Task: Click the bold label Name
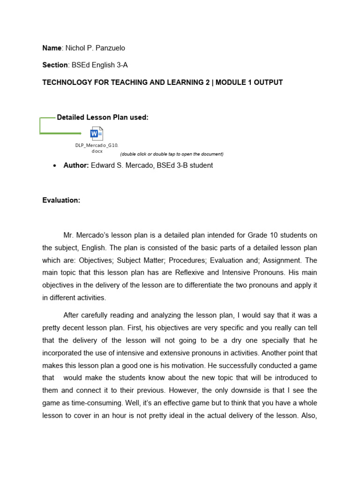[52, 48]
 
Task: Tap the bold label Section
[55, 65]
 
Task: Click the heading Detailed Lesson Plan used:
[103, 118]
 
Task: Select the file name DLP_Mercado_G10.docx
[97, 148]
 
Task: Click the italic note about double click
[172, 154]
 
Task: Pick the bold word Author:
[76, 165]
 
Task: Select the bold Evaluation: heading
[61, 200]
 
